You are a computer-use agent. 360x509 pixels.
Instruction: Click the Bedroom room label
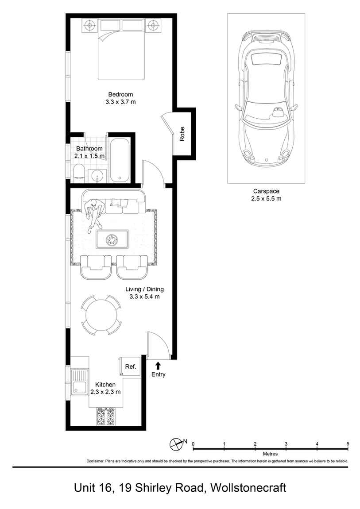point(120,94)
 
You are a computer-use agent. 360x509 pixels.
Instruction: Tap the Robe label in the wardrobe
point(182,134)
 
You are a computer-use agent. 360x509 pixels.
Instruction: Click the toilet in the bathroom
point(78,173)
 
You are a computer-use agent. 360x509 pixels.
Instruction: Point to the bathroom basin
point(97,176)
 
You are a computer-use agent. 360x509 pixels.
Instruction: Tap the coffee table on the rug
point(112,239)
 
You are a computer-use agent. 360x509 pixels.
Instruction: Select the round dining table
point(101,315)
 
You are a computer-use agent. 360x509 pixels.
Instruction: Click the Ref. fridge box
point(130,366)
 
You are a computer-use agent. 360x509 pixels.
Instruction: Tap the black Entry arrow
point(158,365)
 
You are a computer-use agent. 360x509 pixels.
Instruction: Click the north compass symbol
point(176,443)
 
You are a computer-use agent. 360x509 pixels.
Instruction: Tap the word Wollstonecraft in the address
point(248,488)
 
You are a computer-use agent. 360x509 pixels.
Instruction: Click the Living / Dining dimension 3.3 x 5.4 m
point(144,297)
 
